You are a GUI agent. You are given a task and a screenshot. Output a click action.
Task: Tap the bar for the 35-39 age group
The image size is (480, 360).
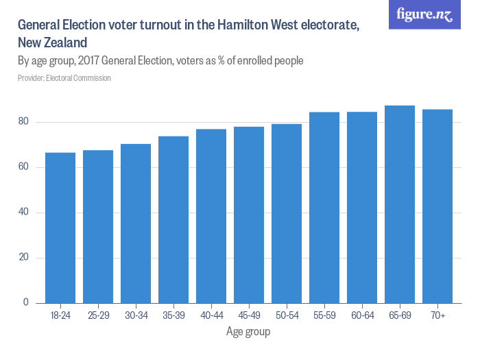[x=173, y=219]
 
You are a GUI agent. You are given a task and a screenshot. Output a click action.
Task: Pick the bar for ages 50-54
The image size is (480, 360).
[x=287, y=213]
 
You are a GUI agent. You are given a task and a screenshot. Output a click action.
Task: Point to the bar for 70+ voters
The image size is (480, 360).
[x=437, y=206]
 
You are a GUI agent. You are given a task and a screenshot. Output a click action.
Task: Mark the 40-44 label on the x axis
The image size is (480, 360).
[x=211, y=315]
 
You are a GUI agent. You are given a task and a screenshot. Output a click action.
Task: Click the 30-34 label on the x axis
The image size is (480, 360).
[x=136, y=315]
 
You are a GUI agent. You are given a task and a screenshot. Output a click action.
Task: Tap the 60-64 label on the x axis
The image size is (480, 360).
[x=361, y=315]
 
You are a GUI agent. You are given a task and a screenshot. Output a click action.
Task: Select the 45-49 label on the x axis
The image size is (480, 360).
[x=249, y=315]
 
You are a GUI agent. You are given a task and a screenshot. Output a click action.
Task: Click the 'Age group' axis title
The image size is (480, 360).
[x=248, y=332]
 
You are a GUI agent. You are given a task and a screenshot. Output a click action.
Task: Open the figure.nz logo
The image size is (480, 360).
[x=424, y=14]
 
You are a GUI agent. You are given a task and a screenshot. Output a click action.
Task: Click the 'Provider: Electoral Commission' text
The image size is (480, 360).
[x=64, y=78]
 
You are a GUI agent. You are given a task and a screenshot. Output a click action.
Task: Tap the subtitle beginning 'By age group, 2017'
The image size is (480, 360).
[x=160, y=61]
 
